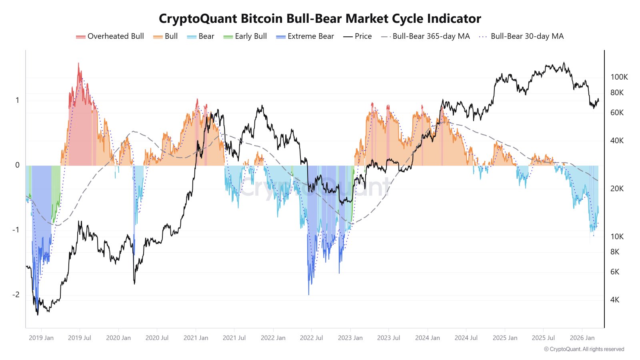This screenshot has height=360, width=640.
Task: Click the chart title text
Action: tap(320, 18)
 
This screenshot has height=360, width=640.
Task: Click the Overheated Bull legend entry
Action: tap(110, 36)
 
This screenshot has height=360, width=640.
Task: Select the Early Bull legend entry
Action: tap(245, 36)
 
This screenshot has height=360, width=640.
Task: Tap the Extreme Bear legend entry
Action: tap(305, 36)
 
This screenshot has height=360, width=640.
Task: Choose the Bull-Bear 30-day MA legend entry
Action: tap(522, 36)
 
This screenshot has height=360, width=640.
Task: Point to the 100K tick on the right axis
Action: tap(619, 77)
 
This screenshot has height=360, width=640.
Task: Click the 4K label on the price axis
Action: tap(614, 300)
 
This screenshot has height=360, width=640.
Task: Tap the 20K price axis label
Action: tap(616, 188)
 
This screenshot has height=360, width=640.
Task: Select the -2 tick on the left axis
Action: tap(16, 294)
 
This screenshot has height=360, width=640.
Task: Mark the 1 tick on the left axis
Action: tap(17, 100)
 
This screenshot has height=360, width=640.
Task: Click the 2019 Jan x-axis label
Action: tap(41, 338)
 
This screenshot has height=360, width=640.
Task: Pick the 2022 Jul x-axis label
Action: tap(311, 338)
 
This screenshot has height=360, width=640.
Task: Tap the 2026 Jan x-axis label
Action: tap(582, 338)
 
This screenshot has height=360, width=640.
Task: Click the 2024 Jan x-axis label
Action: tap(427, 338)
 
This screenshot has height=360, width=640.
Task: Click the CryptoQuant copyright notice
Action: tap(584, 349)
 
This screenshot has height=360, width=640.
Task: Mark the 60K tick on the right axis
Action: tap(616, 112)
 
